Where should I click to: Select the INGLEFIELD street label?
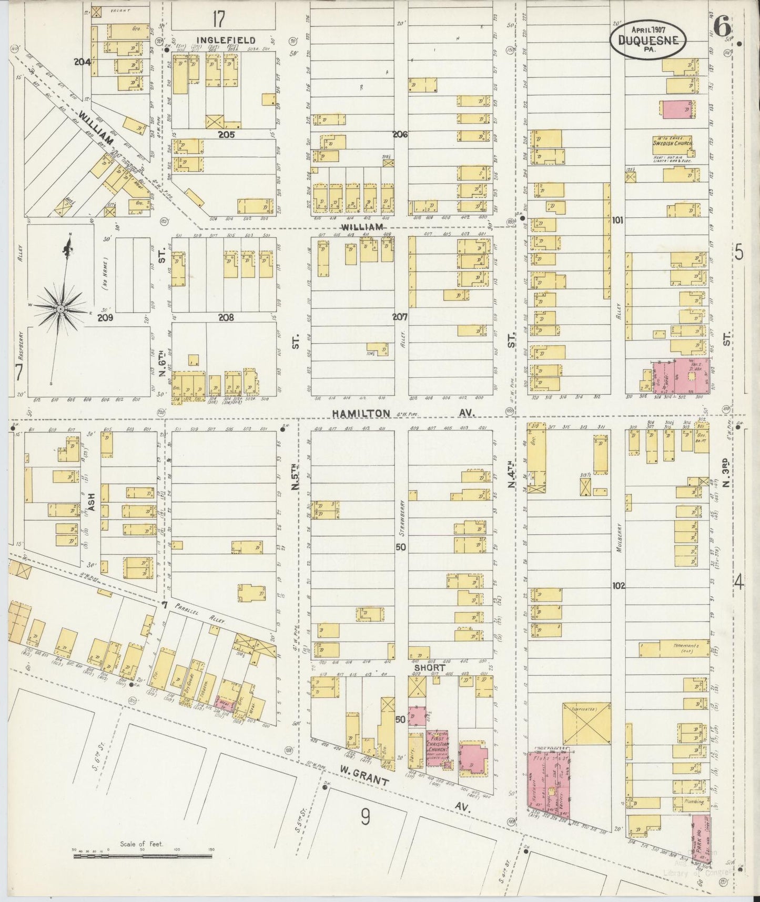[x=227, y=40]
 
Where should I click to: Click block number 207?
[x=400, y=317]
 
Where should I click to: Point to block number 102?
[x=619, y=585]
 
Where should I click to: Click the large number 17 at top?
[x=218, y=19]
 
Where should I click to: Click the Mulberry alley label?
[x=620, y=537]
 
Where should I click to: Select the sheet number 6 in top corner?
[x=723, y=24]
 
